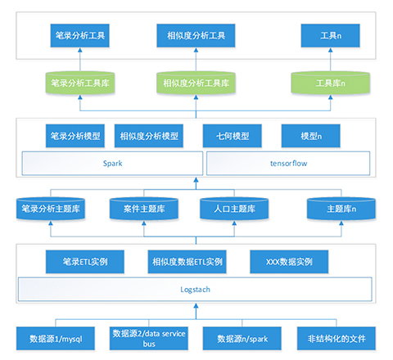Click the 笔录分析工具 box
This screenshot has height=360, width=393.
pos(79,35)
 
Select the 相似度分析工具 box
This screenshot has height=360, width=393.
pos(196,35)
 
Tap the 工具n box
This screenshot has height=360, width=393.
pos(330,35)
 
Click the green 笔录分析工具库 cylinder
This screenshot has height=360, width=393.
pos(80,83)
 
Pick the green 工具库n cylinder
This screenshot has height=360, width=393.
pos(330,83)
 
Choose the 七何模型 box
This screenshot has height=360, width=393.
pos(233,136)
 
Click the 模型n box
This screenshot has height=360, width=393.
pos(311,136)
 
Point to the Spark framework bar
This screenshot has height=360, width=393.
pos(112,164)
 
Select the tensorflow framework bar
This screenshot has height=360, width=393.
pos(288,164)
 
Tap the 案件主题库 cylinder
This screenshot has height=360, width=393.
pos(144,209)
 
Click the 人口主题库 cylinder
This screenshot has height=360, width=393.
pos(234,209)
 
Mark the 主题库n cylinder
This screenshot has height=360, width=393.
pos(341,209)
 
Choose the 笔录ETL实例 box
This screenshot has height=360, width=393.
pos(85,262)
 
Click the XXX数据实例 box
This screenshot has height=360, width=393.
pos(289,262)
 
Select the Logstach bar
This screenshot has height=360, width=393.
pos(195,290)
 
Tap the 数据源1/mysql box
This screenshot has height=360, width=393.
pos(56,339)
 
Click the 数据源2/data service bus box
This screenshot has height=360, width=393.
pos(149,339)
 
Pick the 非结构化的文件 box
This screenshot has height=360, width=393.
pos(337,339)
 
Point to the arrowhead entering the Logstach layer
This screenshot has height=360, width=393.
pos(196,306)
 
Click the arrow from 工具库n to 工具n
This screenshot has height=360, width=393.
pos(331,60)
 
